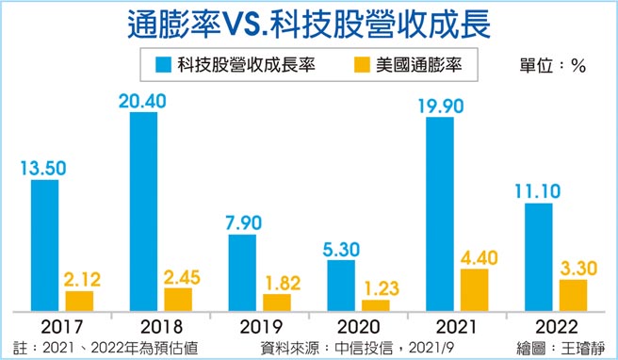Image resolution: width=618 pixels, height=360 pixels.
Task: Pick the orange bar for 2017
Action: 79,301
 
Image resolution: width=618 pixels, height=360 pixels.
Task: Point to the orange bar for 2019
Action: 277,303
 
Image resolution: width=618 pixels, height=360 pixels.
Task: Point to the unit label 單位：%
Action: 553,66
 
